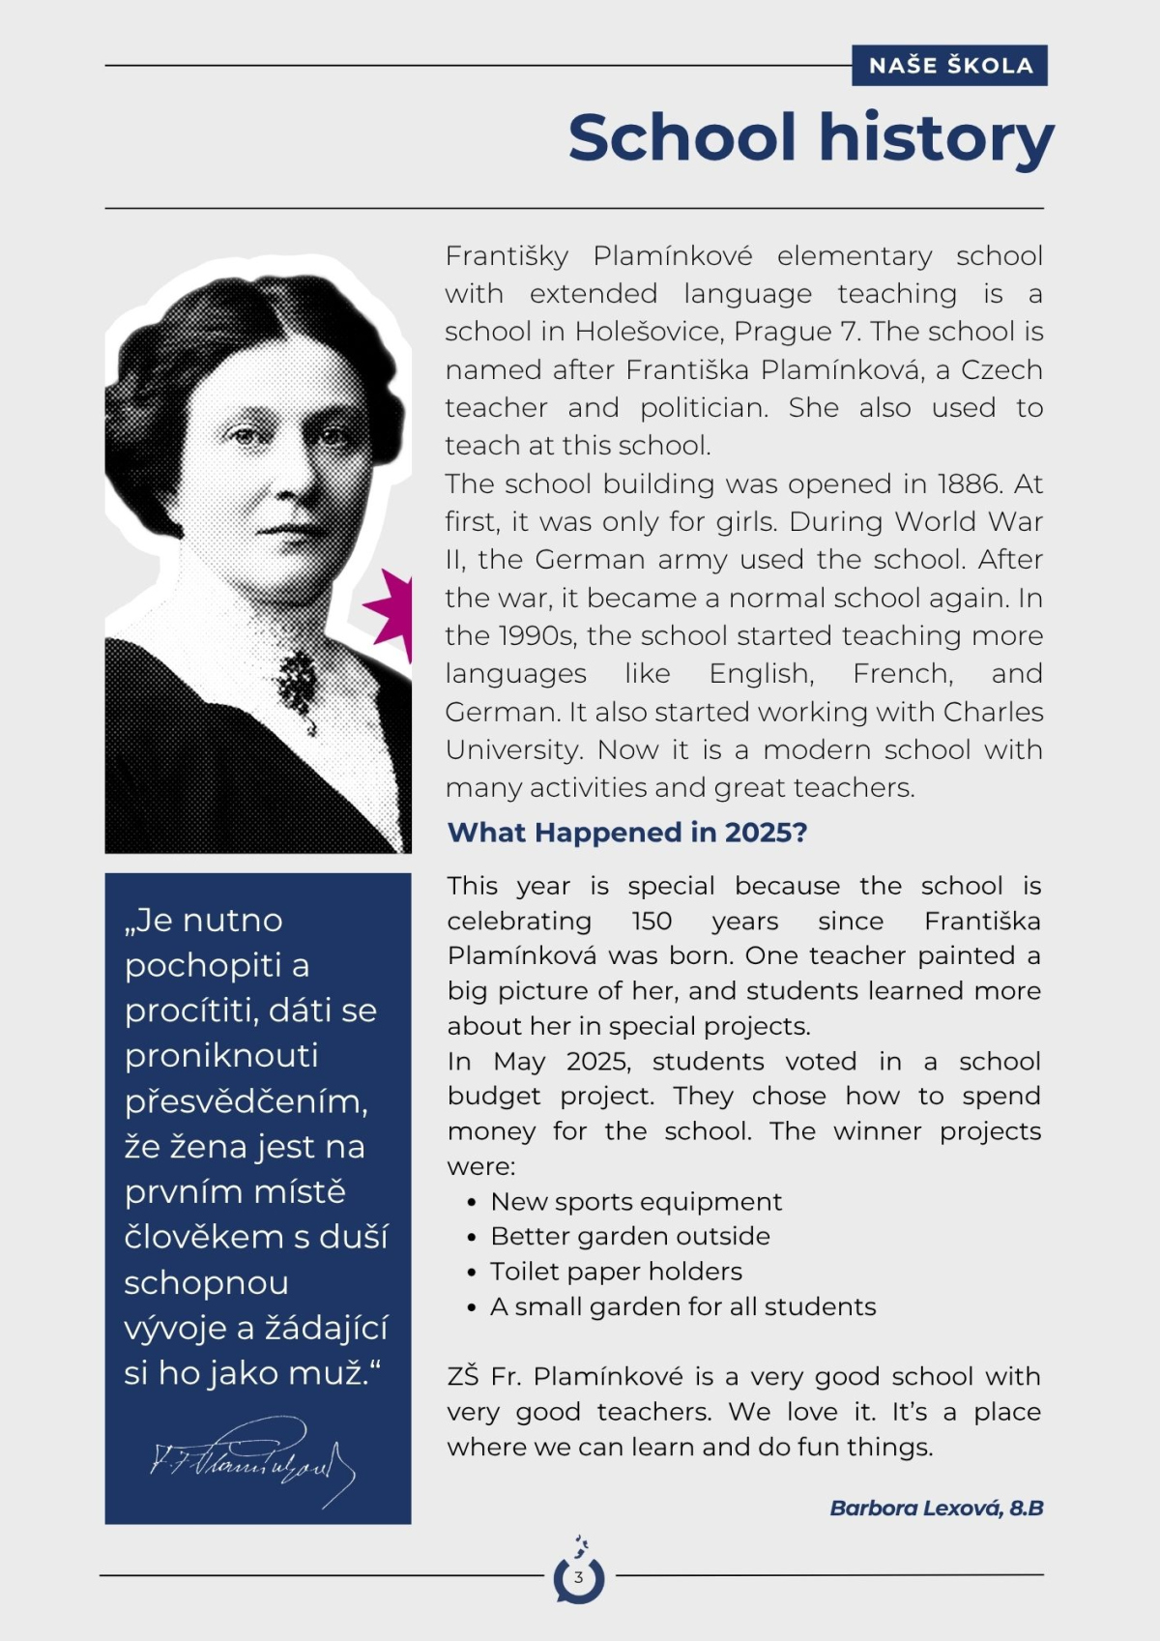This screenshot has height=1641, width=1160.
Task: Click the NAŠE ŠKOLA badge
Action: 949,66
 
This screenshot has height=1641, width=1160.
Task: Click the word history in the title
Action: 937,138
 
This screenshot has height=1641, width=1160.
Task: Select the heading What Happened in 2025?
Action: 627,833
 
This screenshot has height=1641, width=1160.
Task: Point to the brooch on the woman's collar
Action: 298,681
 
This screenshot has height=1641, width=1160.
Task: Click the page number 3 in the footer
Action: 579,1577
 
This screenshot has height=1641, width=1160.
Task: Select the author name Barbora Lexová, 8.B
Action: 936,1508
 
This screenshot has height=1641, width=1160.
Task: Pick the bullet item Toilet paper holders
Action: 616,1272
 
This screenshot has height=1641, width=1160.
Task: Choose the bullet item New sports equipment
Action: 636,1202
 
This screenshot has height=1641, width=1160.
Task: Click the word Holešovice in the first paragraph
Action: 645,332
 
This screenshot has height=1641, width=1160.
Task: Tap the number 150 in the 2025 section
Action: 653,921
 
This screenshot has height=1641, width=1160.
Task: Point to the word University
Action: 509,750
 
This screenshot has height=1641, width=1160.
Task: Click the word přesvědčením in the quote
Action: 246,1102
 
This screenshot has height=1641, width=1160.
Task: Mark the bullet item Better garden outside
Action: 630,1237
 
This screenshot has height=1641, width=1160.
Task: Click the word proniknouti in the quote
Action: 221,1056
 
